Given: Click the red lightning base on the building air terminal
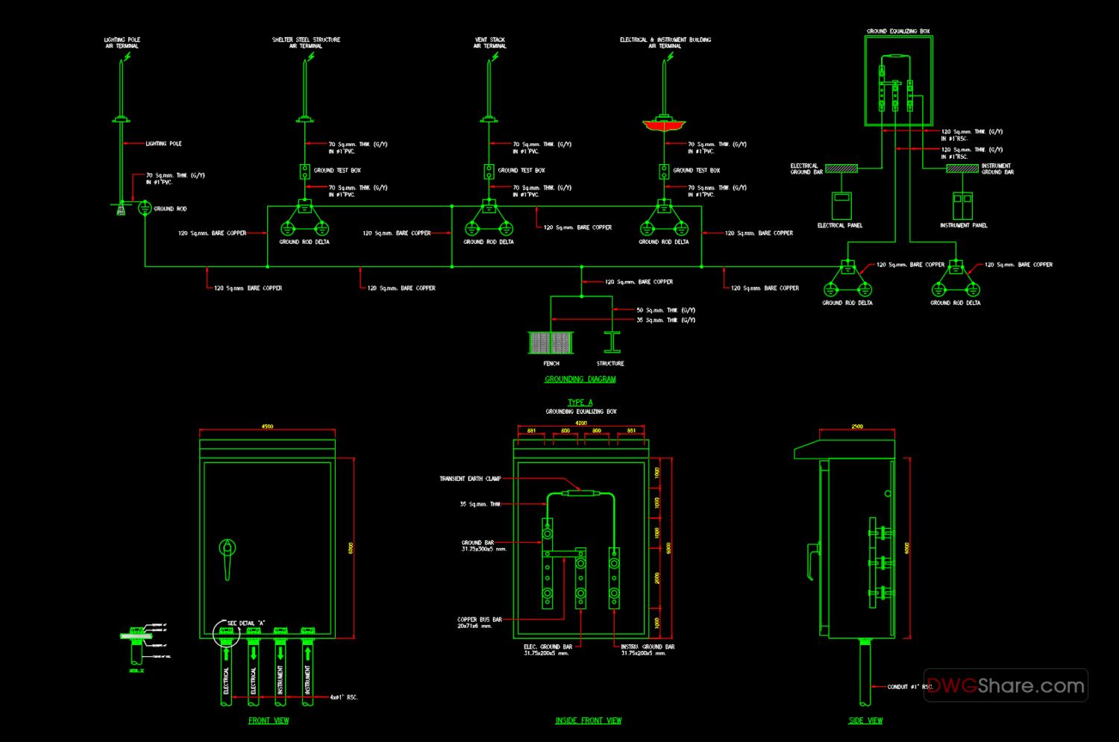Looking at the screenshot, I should pos(663,125).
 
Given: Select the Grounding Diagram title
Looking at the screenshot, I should pos(580,379).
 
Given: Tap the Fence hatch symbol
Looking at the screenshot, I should pos(551,342).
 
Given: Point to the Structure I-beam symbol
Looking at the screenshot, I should pos(612,342).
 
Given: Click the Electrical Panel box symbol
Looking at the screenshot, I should pos(841,206).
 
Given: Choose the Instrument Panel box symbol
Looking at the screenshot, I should pos(962,206).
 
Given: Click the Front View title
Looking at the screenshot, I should pos(269,720).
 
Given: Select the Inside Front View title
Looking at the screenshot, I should pos(588,720).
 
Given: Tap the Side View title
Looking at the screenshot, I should pos(865,720).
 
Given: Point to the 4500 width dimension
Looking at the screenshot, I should pos(267,427).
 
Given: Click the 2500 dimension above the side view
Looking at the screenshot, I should pos(857,427).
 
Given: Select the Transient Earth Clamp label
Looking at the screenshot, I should pos(470,479).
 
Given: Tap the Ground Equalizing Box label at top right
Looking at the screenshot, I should pos(898,31).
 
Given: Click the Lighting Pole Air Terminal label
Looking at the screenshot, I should pos(122,43).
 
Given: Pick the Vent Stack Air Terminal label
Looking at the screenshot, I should pos(489,43).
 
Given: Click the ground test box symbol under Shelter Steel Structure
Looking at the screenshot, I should pos(304,172).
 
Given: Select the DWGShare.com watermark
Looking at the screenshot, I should pos(1006,685).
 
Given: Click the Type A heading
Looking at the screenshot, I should pos(580,402).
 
